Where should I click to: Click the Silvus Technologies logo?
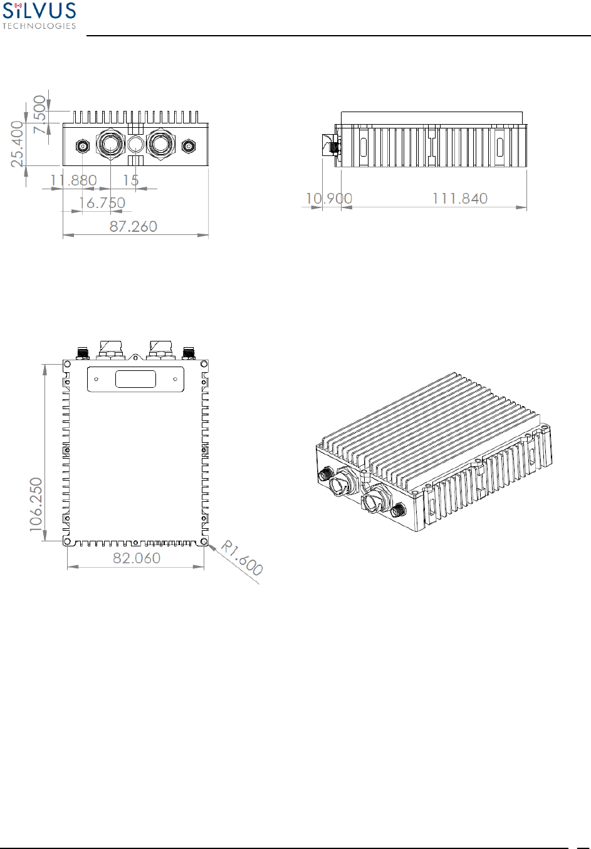tap(39, 16)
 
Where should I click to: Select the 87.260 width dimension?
tap(133, 226)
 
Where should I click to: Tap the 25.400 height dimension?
tap(17, 144)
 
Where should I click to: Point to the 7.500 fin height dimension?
tap(40, 114)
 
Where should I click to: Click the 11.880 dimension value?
tap(73, 180)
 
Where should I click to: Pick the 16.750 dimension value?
tap(102, 203)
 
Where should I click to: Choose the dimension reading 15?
tap(130, 180)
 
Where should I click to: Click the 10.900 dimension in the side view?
tap(328, 199)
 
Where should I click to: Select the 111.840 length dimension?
tap(459, 199)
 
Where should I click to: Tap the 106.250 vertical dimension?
tap(36, 505)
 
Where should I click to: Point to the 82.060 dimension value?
tap(137, 558)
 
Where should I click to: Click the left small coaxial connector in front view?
tap(82, 147)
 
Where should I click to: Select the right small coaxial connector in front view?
tap(188, 147)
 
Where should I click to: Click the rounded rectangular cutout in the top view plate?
tap(135, 379)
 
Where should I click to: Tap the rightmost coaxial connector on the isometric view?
tap(397, 511)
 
